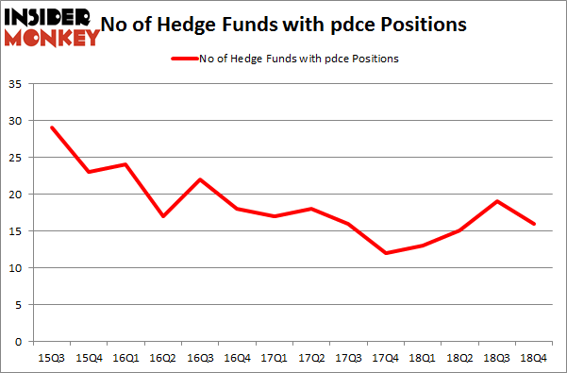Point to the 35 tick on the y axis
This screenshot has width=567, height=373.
tap(17, 85)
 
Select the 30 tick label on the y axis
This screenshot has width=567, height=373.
tap(17, 121)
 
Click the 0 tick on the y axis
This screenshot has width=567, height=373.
tap(20, 342)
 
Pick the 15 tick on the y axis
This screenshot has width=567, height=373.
tap(17, 231)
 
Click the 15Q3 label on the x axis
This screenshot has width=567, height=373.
tap(53, 359)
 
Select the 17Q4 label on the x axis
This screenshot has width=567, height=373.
tap(386, 359)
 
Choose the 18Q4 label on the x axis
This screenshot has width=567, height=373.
tap(534, 359)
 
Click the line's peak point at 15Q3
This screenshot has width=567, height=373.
tap(53, 127)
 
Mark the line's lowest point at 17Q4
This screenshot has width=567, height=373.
tap(386, 253)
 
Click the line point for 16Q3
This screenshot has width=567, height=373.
tap(201, 179)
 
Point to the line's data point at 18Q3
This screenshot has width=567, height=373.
tap(497, 201)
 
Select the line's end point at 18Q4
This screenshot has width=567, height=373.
tap(534, 224)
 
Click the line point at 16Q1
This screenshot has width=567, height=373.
tap(126, 164)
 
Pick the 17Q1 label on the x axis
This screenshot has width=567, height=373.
tap(275, 359)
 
